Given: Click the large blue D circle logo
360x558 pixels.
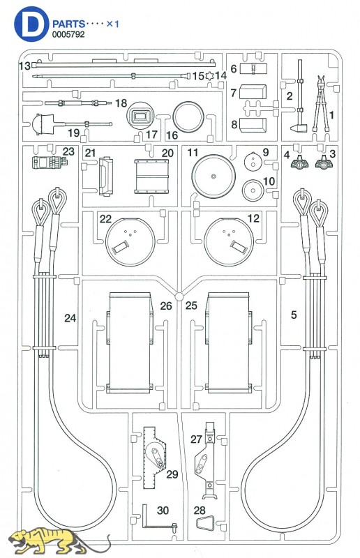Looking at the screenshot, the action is (31, 24).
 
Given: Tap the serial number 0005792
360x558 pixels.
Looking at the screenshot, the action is (68, 34).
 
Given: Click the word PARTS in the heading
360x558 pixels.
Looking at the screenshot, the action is (68, 24).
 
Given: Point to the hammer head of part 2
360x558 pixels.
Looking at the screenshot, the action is (298, 128).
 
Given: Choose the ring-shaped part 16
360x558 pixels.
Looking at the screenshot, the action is (188, 116).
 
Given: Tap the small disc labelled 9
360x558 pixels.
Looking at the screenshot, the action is (253, 162).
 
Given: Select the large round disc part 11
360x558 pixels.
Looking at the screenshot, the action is (213, 176).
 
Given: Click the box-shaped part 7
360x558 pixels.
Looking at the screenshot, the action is (253, 92).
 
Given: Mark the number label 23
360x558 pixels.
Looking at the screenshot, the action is (68, 151).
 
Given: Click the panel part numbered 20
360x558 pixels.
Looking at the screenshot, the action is (151, 176).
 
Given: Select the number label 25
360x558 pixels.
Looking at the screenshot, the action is (191, 305).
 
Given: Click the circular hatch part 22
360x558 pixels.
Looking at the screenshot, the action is (130, 241).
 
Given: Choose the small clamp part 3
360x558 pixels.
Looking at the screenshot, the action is (324, 163).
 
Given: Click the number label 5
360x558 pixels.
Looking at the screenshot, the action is (294, 315).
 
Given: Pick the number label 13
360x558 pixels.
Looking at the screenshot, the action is (25, 66).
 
